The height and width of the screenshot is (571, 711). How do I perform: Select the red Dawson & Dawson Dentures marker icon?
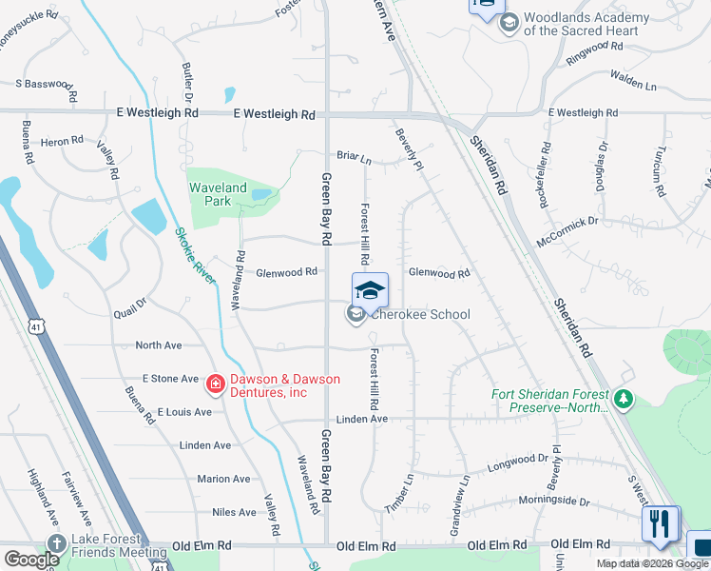pyautogui.click(x=216, y=384)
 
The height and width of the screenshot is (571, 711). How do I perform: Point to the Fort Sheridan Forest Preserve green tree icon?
pyautogui.click(x=624, y=398)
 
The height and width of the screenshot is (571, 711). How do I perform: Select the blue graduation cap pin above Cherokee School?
pyautogui.click(x=370, y=289)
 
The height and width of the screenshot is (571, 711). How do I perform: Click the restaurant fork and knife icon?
pyautogui.click(x=660, y=523)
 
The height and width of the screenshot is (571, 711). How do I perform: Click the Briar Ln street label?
pyautogui.click(x=352, y=156)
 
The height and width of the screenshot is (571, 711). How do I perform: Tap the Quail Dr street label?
pyautogui.click(x=129, y=307)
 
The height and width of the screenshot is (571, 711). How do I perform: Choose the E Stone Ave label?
pyautogui.click(x=170, y=379)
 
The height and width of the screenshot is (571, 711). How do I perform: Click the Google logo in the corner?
pyautogui.click(x=32, y=560)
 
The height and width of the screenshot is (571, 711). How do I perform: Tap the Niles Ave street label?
pyautogui.click(x=234, y=512)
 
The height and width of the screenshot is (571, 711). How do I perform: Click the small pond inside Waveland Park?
pyautogui.click(x=260, y=195)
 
